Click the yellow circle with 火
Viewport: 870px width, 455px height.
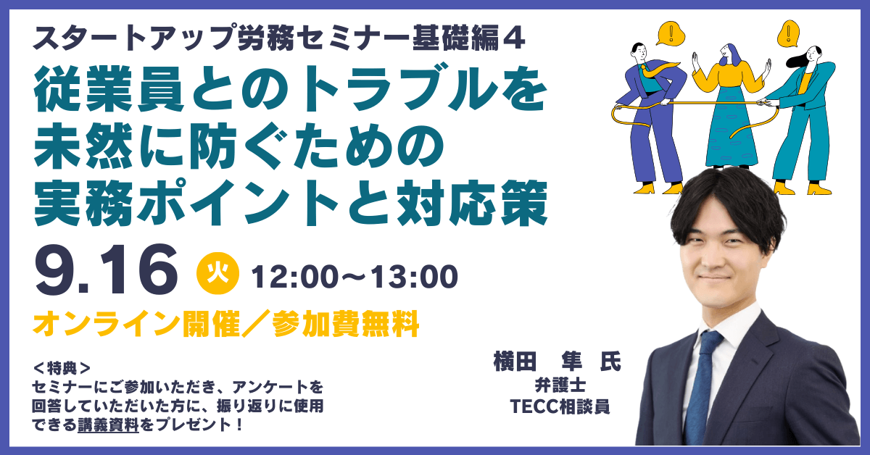point(217,273)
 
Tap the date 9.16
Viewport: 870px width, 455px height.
point(106,270)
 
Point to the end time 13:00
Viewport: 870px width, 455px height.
point(414,277)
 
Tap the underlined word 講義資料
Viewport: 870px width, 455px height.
point(108,425)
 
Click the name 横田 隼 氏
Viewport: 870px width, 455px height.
point(557,362)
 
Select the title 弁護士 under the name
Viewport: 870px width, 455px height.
point(560,385)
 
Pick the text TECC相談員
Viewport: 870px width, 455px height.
point(560,406)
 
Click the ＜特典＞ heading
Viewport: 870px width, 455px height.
point(62,367)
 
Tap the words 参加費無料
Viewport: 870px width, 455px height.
point(346,323)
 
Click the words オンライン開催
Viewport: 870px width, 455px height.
point(136,323)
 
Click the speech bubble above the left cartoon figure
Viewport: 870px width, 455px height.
point(671,33)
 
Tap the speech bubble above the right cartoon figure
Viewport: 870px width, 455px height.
point(789,33)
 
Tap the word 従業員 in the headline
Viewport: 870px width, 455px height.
point(109,90)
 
